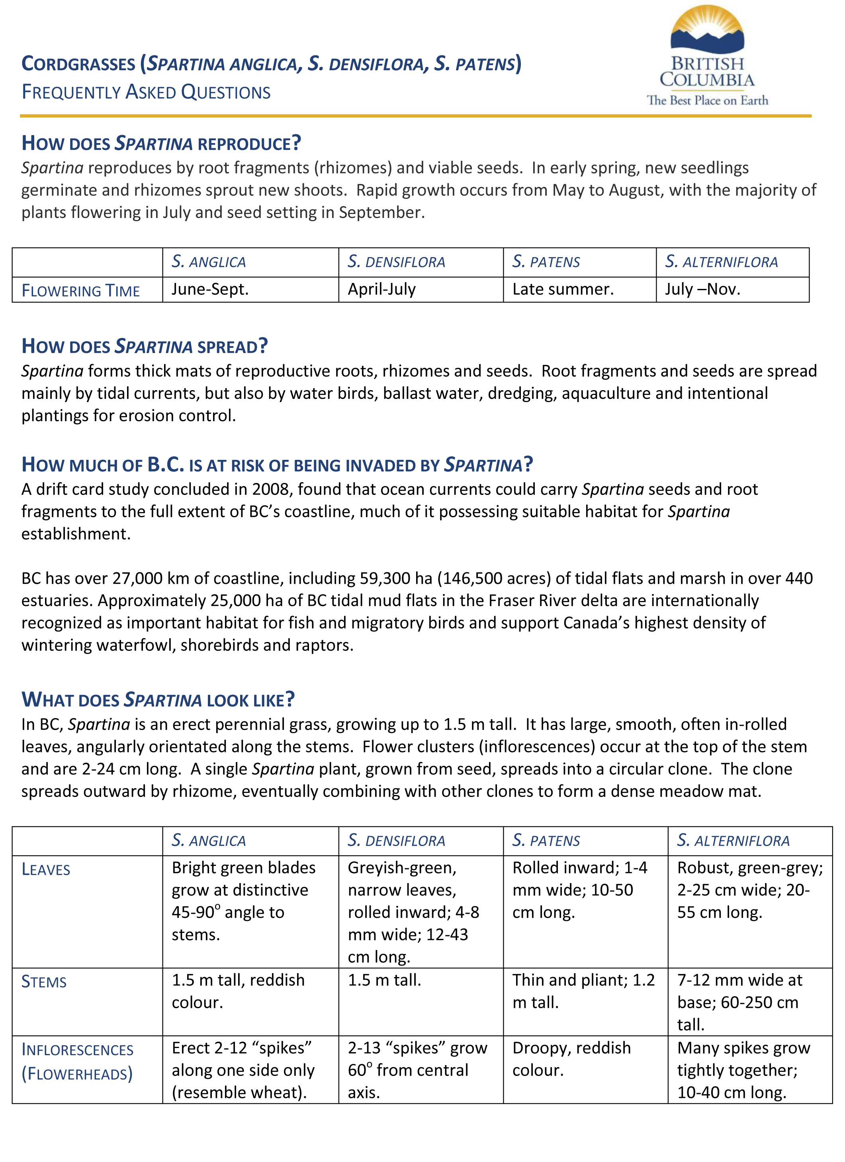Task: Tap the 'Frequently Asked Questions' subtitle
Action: click(146, 92)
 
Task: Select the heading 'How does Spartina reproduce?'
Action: click(161, 143)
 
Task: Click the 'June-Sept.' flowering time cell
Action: click(210, 289)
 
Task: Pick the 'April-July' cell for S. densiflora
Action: click(381, 289)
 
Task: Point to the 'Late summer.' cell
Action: click(563, 289)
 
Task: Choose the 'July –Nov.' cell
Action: click(702, 289)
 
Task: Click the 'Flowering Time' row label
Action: click(80, 291)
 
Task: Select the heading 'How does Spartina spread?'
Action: click(145, 346)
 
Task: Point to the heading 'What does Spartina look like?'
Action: click(158, 700)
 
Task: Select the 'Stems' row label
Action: click(44, 981)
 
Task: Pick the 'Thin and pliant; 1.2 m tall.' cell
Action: click(583, 991)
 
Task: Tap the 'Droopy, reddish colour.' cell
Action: click(571, 1058)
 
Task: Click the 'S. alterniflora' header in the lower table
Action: click(733, 841)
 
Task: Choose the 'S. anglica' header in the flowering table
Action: click(208, 262)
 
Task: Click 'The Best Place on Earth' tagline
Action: click(707, 100)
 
